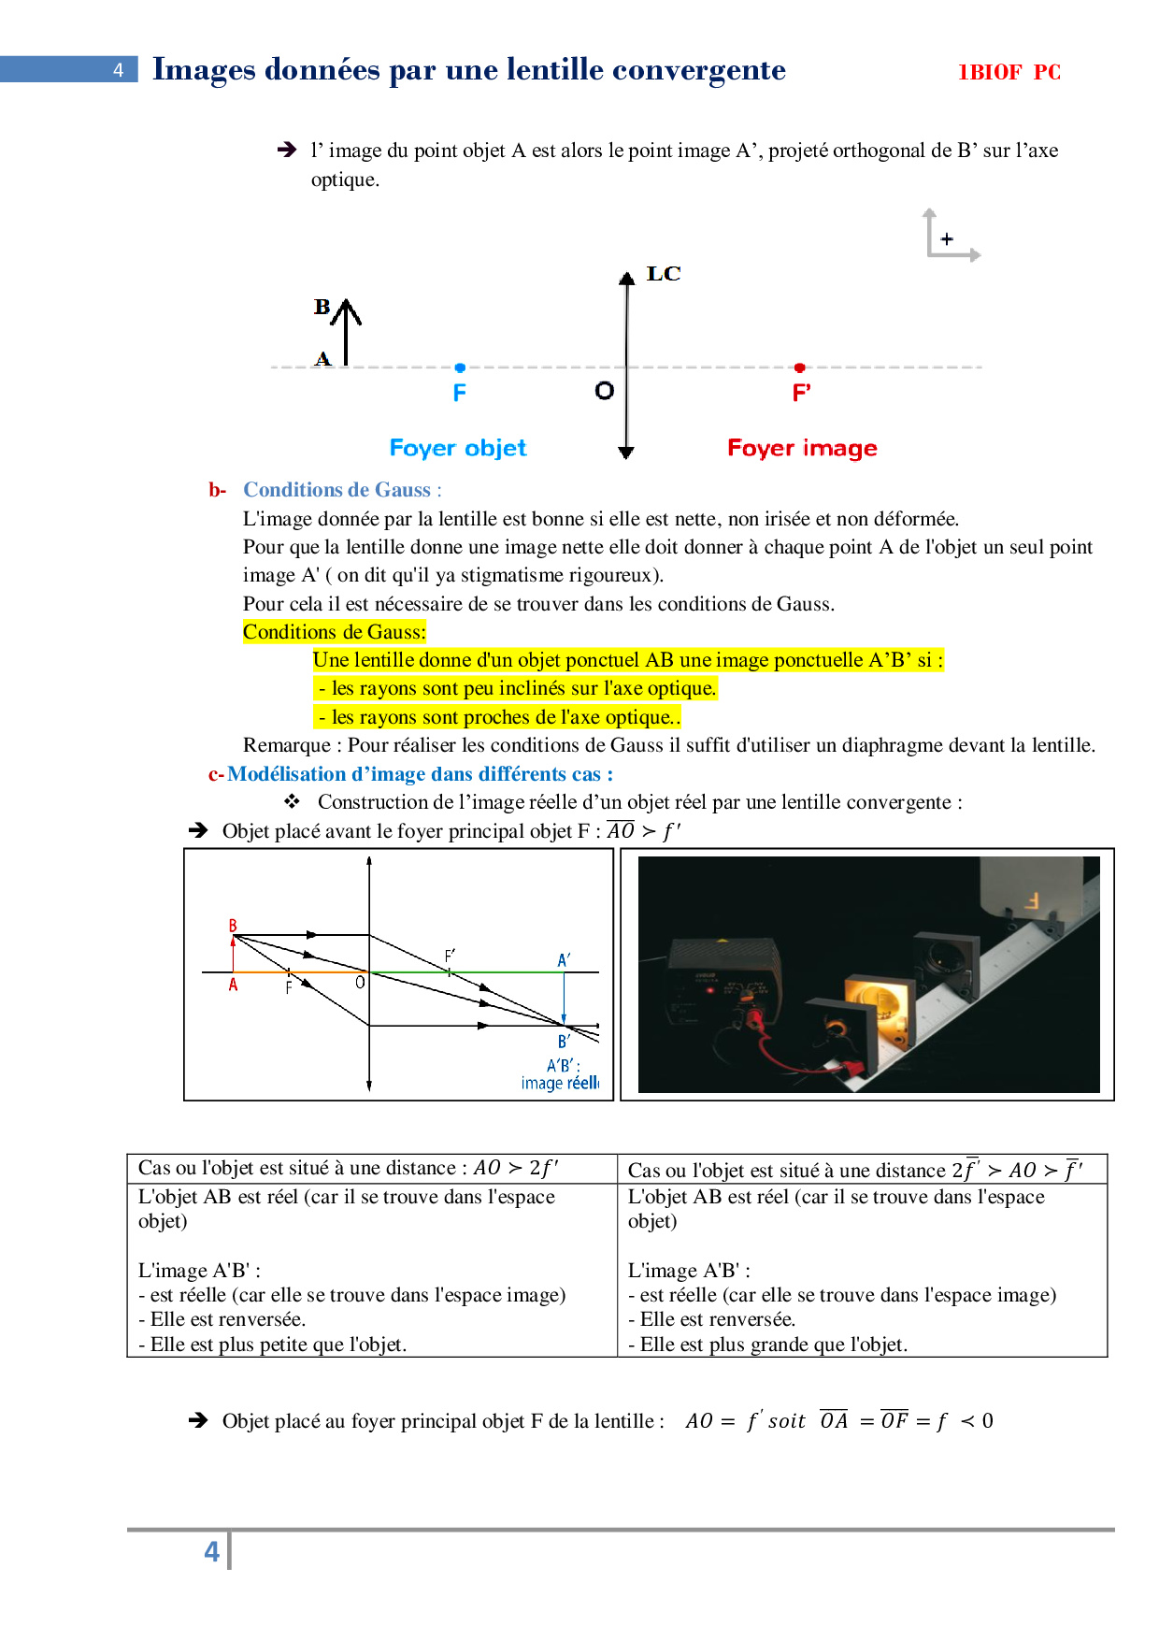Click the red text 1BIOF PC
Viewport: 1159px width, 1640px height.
(1009, 72)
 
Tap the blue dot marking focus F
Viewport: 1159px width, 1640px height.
(460, 367)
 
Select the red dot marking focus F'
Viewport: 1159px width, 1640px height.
(800, 367)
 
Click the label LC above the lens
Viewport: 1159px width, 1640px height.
(664, 273)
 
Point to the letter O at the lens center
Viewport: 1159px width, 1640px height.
(605, 391)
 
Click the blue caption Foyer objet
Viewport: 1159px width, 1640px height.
(458, 448)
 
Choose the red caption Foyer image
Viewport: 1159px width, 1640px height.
(802, 448)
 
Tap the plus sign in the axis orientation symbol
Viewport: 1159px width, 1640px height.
(947, 239)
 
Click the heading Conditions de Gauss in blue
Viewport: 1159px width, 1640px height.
(337, 490)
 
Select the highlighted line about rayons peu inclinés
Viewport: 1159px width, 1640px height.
(516, 688)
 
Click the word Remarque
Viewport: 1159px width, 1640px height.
(286, 745)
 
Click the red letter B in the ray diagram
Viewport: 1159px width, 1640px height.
(233, 926)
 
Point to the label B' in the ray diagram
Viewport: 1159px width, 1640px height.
(564, 1041)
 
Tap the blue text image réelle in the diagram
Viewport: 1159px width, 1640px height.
(559, 1083)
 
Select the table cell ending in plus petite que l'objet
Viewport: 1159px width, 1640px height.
(372, 1270)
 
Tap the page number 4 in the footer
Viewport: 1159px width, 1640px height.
(212, 1551)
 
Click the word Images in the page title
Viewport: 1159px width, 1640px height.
(204, 69)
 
